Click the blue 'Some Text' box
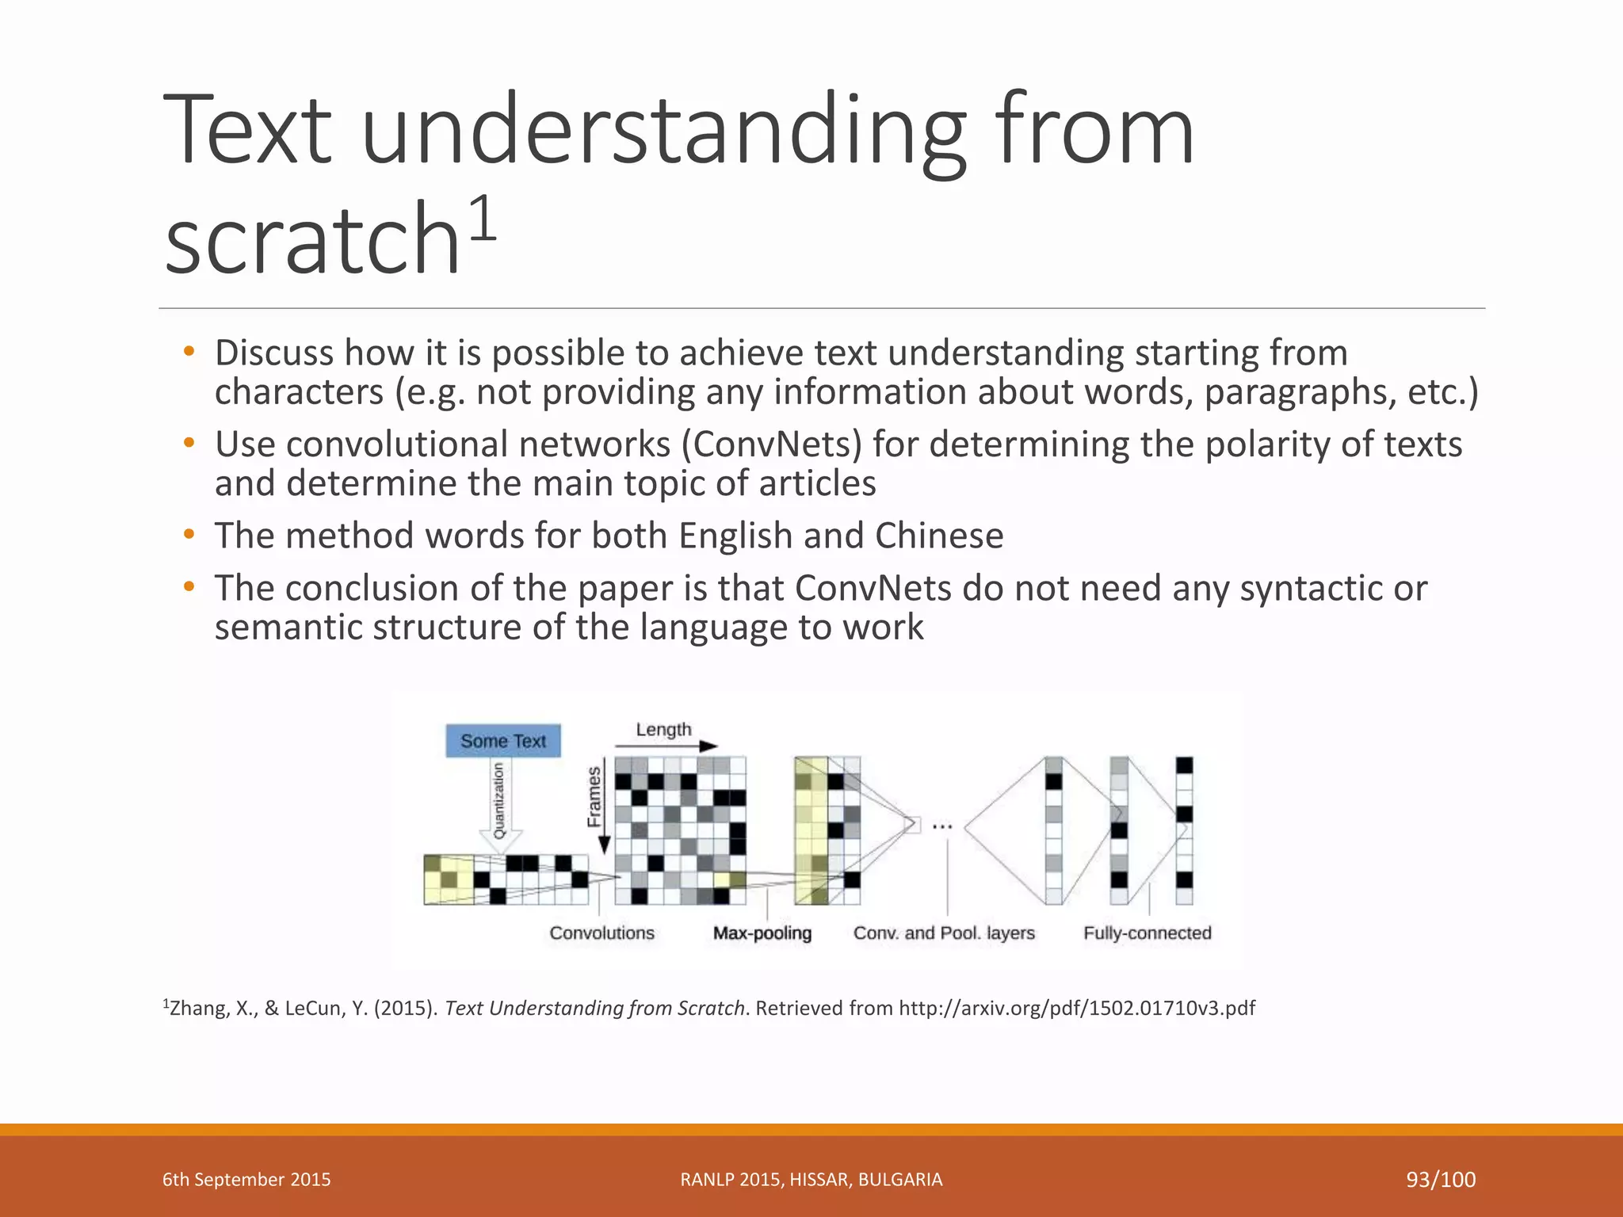(503, 741)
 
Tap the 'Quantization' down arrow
(500, 804)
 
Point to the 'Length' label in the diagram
(663, 729)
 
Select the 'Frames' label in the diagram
(594, 796)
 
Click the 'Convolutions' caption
(601, 933)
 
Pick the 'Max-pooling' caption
(762, 933)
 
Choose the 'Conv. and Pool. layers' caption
(944, 933)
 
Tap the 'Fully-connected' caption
(1147, 933)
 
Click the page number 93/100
(1441, 1180)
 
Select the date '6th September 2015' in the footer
(246, 1180)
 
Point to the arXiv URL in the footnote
(1077, 1008)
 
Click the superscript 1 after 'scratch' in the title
(483, 220)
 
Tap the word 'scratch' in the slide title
(313, 238)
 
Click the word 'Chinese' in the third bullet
(939, 536)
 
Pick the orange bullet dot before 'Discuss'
(189, 351)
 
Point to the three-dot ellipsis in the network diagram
(941, 826)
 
